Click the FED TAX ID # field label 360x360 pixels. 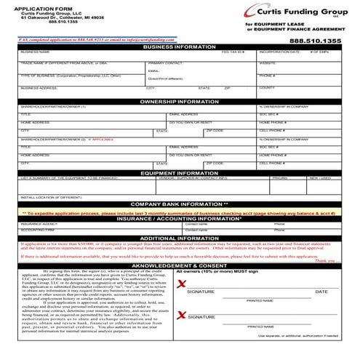pos(233,53)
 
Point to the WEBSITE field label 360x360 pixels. pos(267,64)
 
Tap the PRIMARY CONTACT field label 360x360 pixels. pos(165,64)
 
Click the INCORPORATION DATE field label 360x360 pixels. pos(274,53)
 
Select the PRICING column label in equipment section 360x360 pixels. pos(280,178)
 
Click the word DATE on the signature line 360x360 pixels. pos(321,292)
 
